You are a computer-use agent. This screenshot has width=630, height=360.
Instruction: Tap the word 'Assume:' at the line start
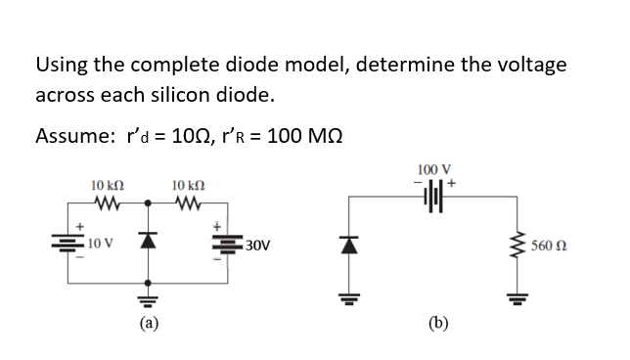click(70, 136)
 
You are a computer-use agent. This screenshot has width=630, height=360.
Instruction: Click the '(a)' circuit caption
click(147, 320)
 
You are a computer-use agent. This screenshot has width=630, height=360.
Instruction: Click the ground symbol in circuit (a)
click(147, 296)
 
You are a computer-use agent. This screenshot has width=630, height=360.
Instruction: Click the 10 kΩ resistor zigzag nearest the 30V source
click(186, 203)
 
